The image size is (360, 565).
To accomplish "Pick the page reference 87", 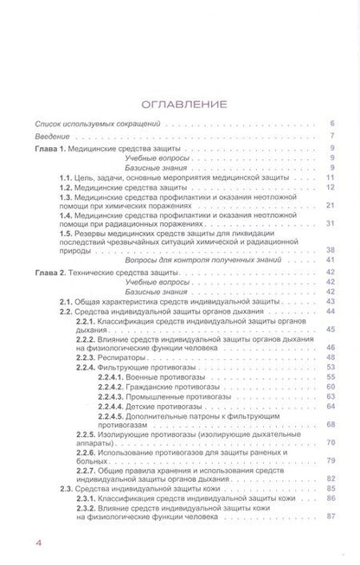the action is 331,517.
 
